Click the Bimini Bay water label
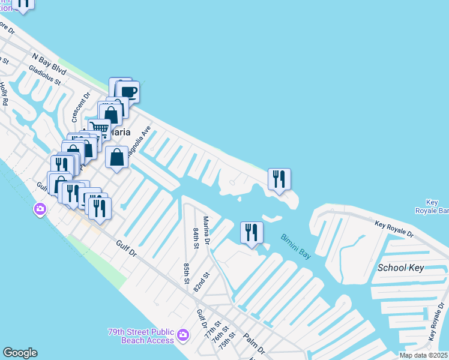click(x=295, y=246)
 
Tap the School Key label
click(x=401, y=268)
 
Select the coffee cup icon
click(x=128, y=92)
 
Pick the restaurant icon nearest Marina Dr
click(x=252, y=232)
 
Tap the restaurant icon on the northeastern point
click(x=279, y=179)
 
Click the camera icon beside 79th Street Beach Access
click(x=184, y=335)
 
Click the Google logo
click(x=20, y=353)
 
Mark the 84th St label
click(x=196, y=238)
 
